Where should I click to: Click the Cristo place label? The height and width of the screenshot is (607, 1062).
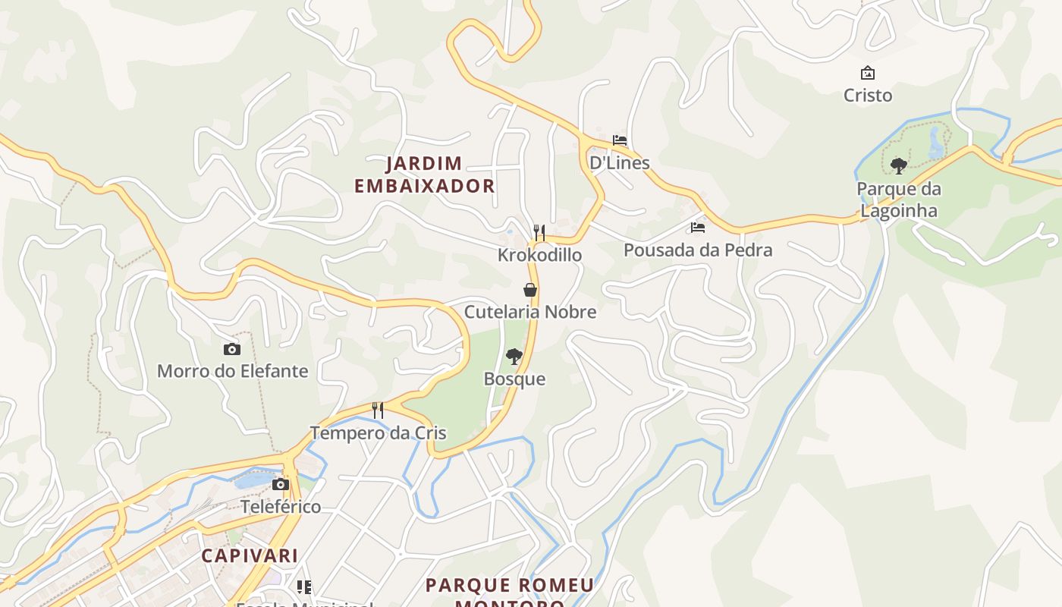tap(868, 96)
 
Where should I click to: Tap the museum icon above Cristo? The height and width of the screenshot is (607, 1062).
tap(868, 73)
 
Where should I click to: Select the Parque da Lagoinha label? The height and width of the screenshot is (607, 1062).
tap(898, 200)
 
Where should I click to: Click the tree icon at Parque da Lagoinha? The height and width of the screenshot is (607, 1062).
tap(899, 165)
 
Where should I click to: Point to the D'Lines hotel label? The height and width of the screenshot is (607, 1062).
tap(620, 162)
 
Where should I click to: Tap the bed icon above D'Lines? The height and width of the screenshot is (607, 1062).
tap(620, 140)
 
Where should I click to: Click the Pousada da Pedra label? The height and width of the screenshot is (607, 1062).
tap(698, 250)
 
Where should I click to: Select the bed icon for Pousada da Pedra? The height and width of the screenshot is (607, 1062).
tap(698, 227)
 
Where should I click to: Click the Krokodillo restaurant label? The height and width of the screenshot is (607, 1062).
tap(539, 255)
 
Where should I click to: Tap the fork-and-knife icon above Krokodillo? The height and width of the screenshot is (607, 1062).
tap(539, 232)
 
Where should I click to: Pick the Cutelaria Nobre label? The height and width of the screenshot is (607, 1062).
tap(530, 312)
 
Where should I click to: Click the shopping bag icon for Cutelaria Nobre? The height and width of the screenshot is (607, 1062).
tap(530, 289)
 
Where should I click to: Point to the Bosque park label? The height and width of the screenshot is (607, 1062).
tap(514, 379)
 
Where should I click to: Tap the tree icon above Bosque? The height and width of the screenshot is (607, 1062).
tap(514, 356)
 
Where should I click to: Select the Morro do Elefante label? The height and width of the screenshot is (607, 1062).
tap(232, 371)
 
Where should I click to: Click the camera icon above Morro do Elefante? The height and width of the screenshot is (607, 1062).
tap(232, 349)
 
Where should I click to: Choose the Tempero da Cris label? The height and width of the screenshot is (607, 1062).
tap(378, 433)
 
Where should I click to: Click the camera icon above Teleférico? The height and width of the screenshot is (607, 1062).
tap(281, 484)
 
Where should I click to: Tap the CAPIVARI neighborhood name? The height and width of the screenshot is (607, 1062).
tap(250, 555)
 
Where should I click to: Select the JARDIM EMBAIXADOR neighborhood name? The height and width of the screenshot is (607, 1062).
tap(424, 175)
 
